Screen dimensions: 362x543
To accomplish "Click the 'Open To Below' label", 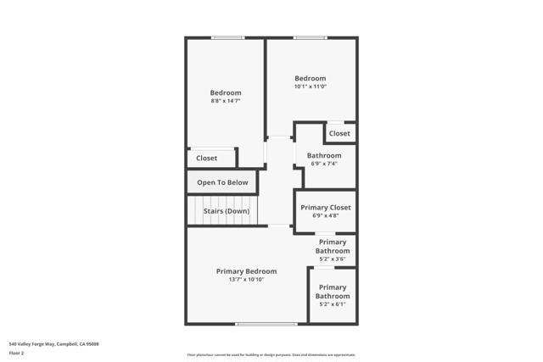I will [222, 182].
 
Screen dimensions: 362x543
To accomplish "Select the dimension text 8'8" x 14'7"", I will [226, 102].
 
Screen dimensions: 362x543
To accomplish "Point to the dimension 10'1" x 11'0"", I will [310, 86].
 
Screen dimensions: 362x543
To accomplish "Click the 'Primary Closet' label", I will [325, 208].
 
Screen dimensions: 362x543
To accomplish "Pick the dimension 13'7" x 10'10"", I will [246, 280].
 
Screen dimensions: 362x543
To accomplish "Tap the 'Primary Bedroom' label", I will [246, 271].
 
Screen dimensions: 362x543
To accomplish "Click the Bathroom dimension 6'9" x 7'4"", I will [324, 164].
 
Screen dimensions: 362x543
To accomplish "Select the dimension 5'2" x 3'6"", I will [332, 259].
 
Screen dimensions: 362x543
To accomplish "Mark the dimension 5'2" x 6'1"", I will [332, 304].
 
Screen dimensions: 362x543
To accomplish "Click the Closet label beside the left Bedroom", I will [206, 158].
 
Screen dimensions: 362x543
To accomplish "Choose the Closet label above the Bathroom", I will [339, 133].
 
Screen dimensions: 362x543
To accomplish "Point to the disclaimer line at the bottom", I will [271, 355].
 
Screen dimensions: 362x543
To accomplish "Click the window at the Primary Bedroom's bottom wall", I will [266, 324].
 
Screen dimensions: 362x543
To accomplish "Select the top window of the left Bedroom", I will [227, 37].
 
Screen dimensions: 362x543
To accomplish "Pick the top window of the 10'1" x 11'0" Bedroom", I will [310, 37].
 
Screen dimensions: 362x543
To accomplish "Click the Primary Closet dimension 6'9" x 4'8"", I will [325, 216].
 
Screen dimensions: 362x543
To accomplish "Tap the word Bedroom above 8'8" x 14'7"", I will [226, 93].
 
